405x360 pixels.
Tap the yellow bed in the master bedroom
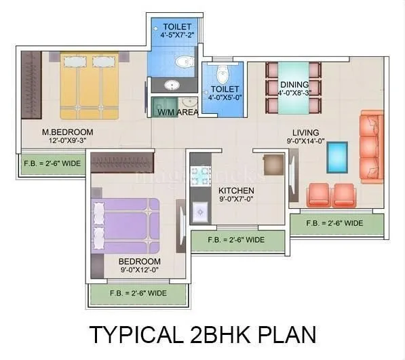pos(89,86)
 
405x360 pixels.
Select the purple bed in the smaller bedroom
pos(126,224)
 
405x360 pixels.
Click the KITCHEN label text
pos(236,191)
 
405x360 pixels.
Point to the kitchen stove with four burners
pos(201,176)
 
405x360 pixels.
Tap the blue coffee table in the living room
pos(336,157)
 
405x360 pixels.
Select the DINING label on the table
pos(294,85)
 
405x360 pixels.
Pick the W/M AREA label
pos(177,112)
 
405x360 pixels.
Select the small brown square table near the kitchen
pos(273,165)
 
